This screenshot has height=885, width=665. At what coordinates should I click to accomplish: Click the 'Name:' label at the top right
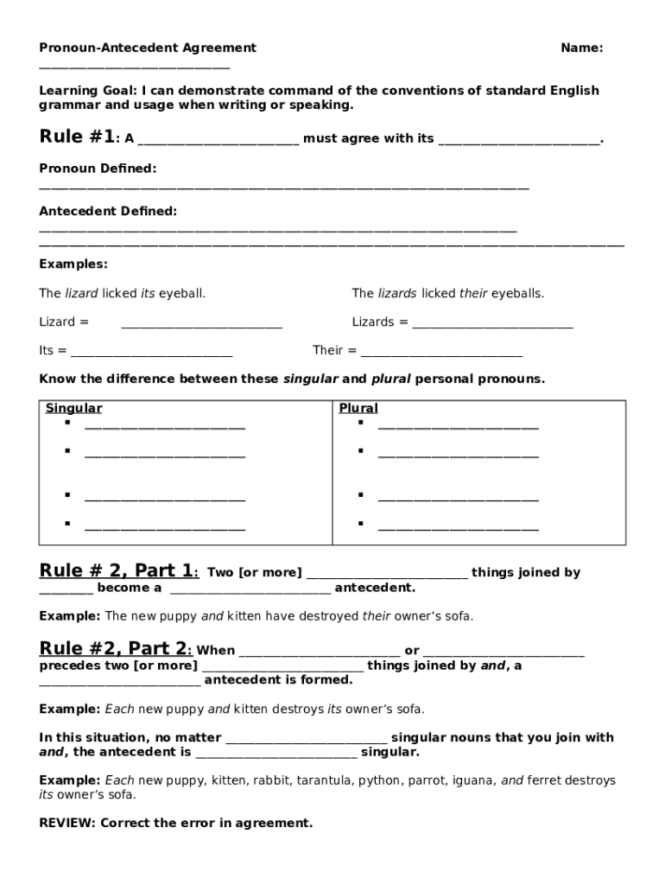(581, 48)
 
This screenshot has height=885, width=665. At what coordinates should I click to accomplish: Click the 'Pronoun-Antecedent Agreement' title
(148, 48)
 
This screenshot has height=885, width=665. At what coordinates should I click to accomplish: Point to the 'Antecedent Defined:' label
(108, 211)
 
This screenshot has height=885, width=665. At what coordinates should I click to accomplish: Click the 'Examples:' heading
(73, 264)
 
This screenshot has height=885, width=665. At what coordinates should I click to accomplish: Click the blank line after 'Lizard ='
(201, 323)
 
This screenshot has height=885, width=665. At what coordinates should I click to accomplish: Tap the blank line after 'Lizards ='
(492, 323)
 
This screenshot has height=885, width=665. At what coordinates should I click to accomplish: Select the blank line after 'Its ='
(151, 352)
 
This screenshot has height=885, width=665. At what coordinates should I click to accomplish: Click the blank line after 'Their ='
(441, 352)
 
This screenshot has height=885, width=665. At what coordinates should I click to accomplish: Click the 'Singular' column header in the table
(73, 408)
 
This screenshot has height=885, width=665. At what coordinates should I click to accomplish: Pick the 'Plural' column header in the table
(358, 408)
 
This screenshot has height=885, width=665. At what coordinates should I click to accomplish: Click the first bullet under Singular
(66, 423)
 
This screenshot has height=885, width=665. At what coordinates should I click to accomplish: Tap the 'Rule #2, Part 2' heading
(116, 649)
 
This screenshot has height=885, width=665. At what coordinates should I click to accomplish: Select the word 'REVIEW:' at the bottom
(68, 823)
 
